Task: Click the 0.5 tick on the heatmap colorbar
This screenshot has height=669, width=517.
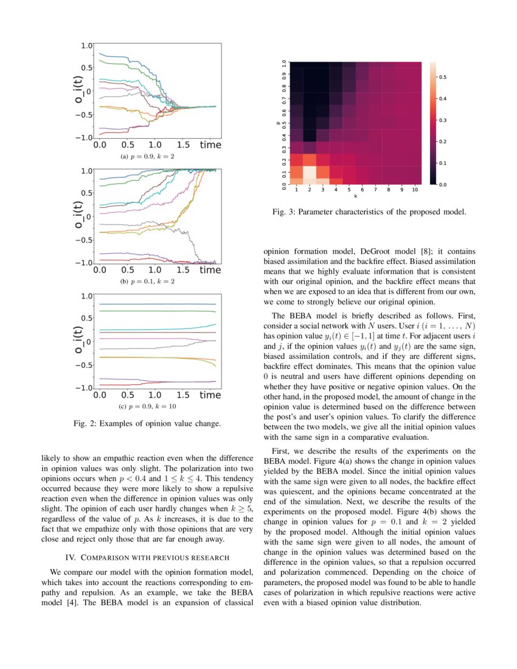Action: coord(443,77)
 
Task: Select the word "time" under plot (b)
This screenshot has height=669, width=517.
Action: coord(210,270)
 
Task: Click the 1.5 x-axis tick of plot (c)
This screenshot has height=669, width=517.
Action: coord(182,395)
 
